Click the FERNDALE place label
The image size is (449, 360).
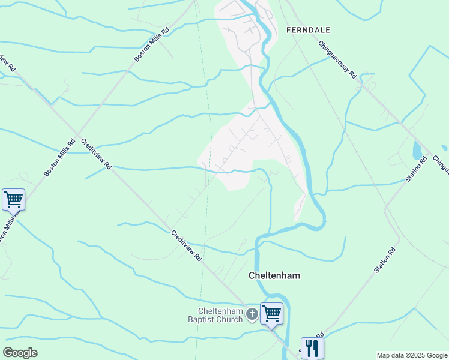[x=309, y=29]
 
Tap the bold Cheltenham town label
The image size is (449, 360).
[x=274, y=276]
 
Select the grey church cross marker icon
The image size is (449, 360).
[x=253, y=313]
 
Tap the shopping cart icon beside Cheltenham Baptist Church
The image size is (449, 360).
[x=272, y=313]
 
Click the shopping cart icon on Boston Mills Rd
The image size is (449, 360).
[x=13, y=199]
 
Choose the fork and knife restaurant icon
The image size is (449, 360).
[x=312, y=347]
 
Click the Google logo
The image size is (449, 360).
[x=20, y=353]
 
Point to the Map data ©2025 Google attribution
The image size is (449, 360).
[x=412, y=355]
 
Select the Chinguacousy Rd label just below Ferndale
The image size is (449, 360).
[x=338, y=60]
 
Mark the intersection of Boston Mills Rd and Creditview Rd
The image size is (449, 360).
[x=77, y=133]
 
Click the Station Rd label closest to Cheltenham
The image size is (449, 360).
[x=385, y=260]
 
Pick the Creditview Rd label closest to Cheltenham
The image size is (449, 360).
[x=186, y=246]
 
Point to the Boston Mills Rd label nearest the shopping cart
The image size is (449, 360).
[x=59, y=158]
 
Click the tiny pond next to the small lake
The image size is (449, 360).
[x=444, y=148]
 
